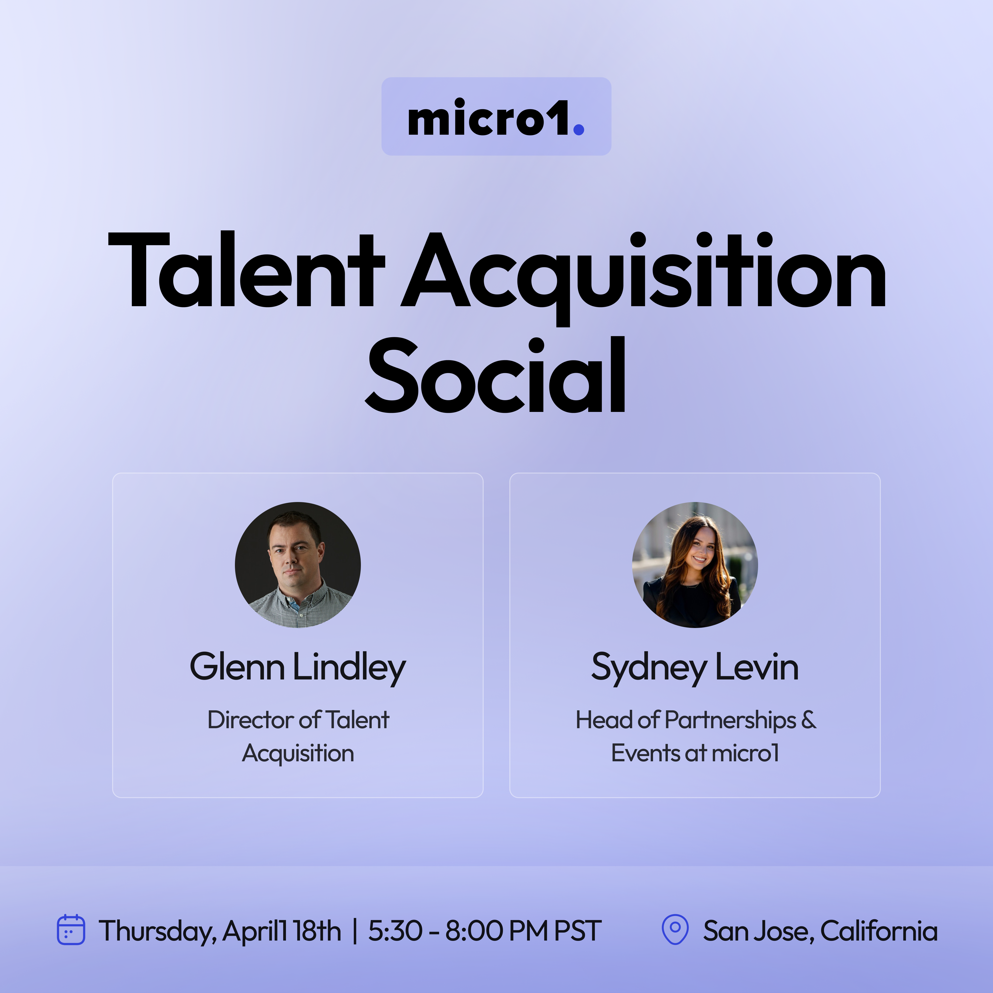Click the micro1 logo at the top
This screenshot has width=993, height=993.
point(496,117)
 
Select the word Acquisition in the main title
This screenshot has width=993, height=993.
point(644,277)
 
